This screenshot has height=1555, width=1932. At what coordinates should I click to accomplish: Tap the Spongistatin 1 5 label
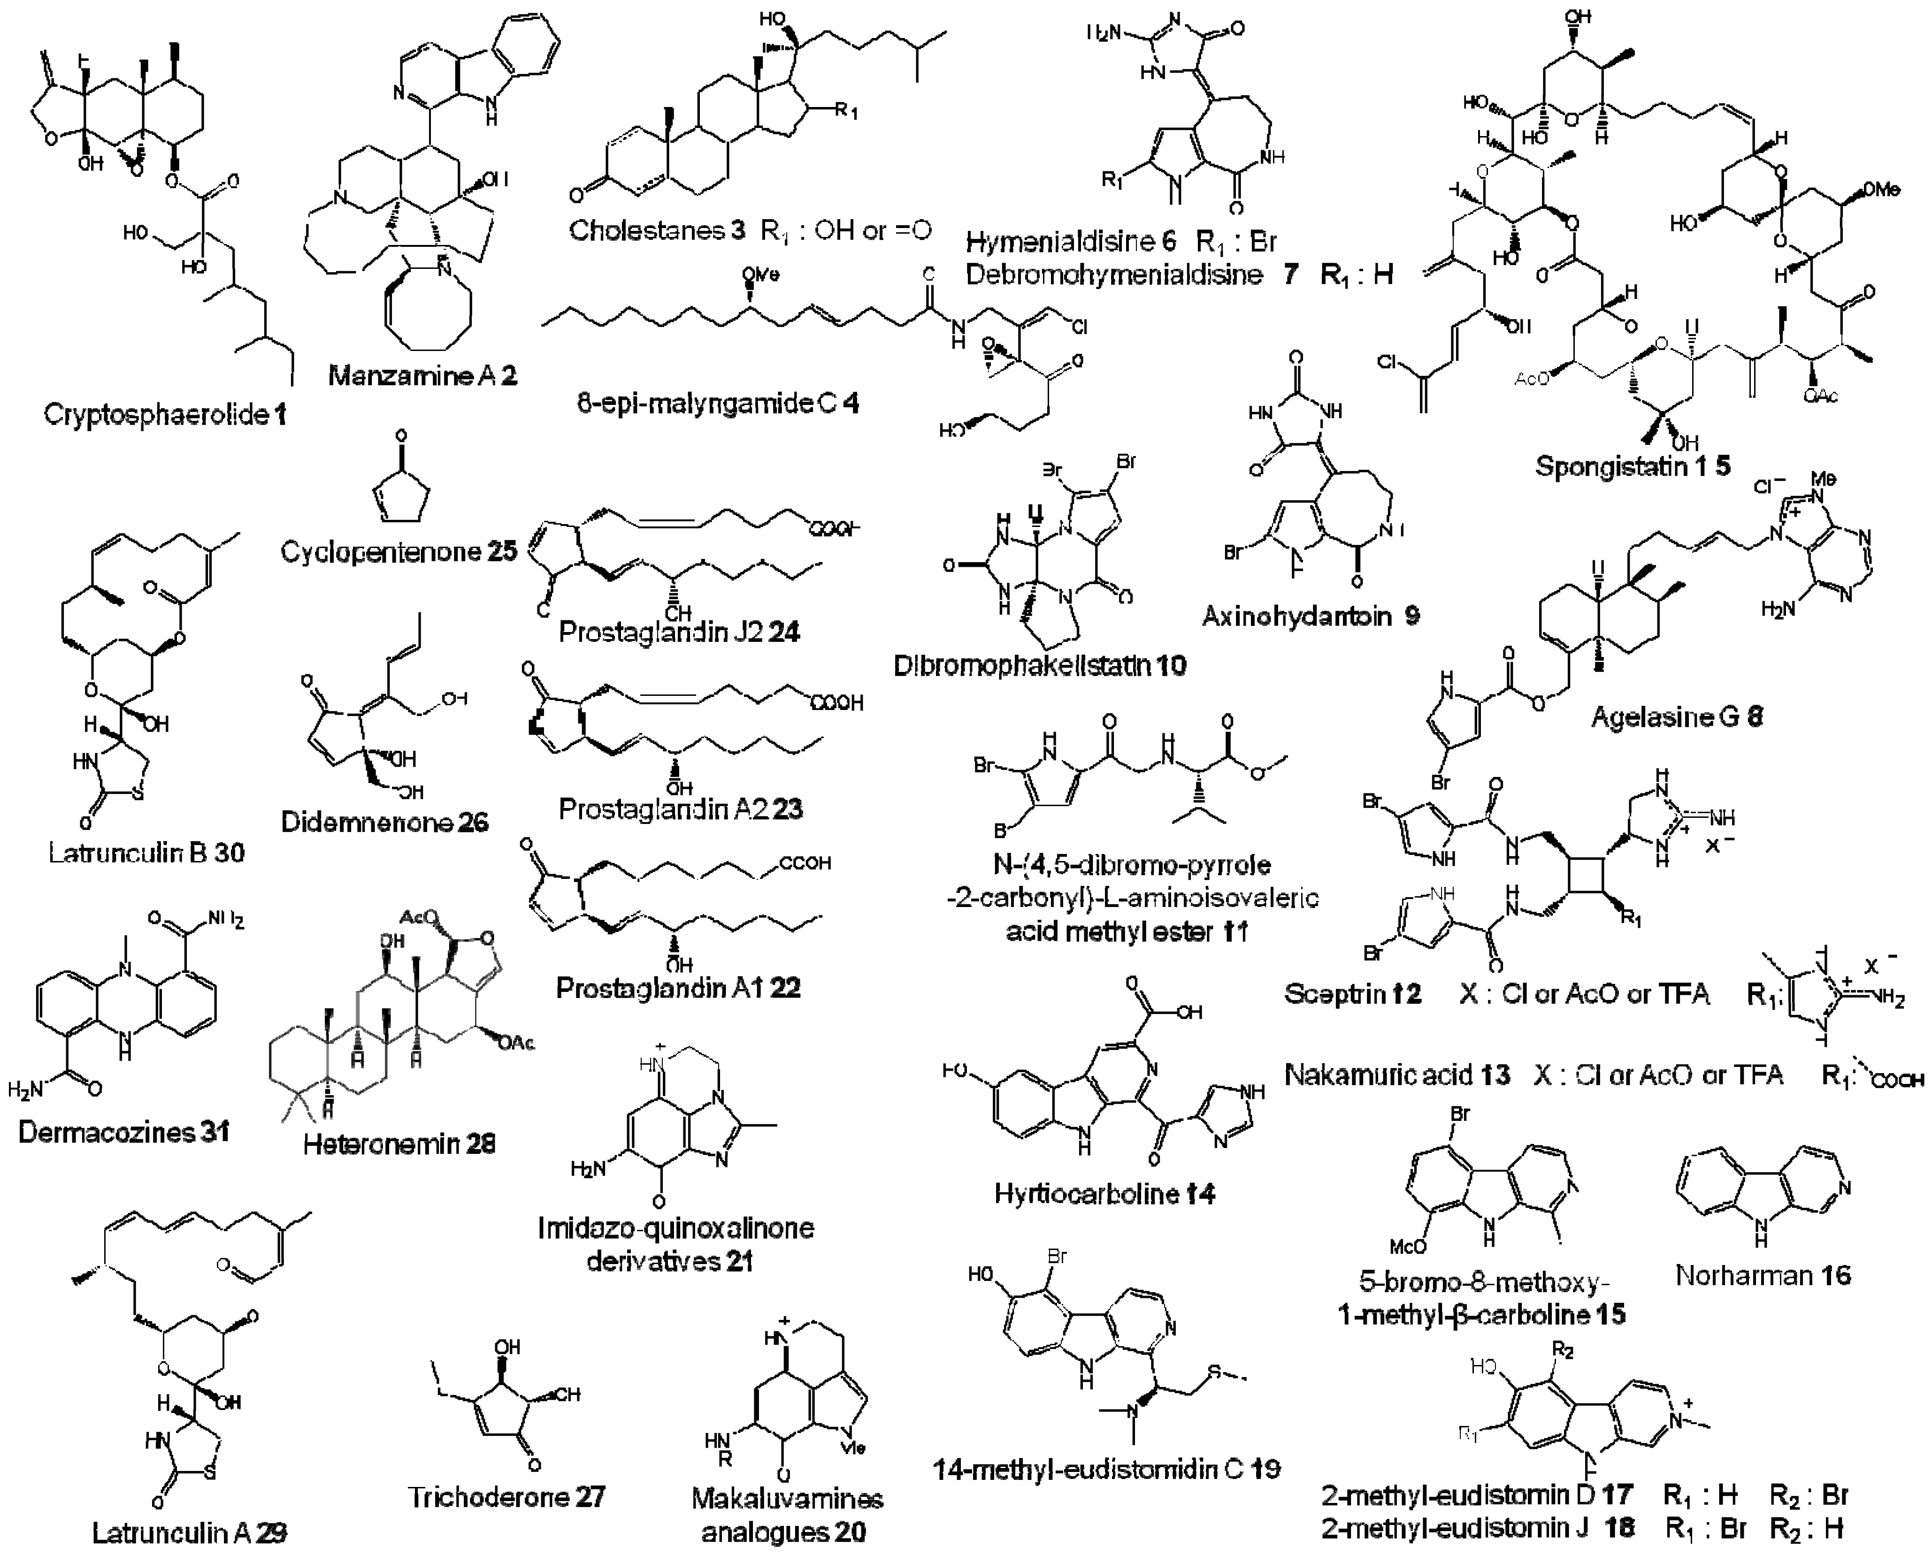(1633, 466)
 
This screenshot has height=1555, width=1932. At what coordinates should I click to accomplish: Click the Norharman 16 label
(1763, 1274)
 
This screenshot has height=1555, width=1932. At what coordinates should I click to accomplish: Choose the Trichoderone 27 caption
(506, 1497)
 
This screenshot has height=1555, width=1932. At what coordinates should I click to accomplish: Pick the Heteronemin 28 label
(399, 1144)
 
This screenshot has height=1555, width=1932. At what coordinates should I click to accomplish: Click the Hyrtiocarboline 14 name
(1104, 1193)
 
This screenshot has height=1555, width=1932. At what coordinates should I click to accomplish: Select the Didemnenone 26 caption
(384, 822)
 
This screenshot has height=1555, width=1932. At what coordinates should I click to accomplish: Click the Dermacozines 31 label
(123, 1131)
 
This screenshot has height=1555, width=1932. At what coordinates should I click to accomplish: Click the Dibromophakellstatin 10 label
(1040, 664)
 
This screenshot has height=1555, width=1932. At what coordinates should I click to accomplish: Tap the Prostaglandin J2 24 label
(679, 632)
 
